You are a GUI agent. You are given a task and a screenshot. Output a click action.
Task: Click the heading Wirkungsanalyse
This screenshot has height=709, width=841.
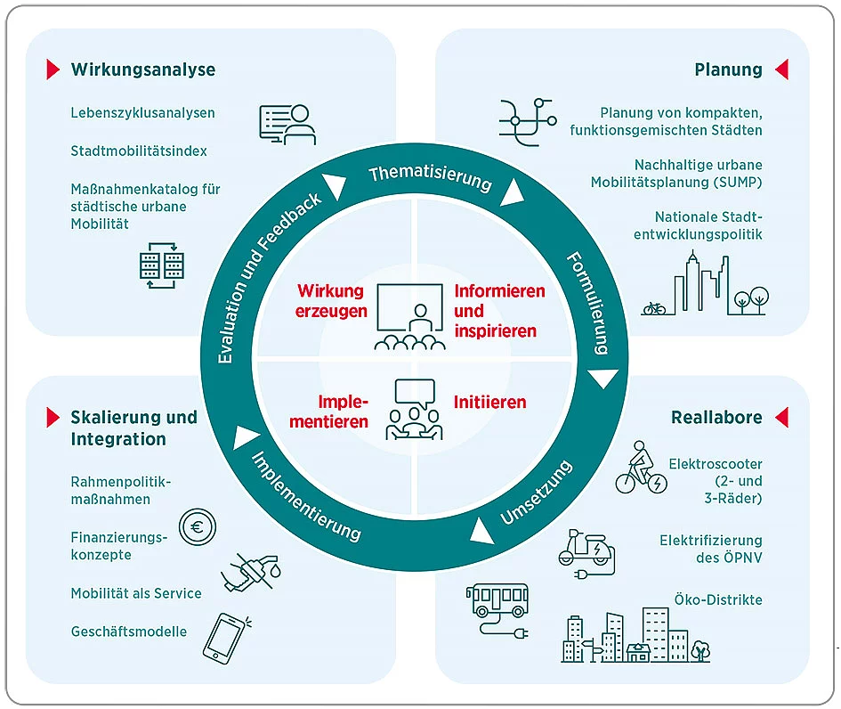click(x=142, y=69)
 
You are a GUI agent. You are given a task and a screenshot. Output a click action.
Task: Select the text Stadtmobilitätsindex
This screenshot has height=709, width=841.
click(x=139, y=151)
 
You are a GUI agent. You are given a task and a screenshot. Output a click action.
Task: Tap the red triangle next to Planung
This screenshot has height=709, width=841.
click(x=781, y=69)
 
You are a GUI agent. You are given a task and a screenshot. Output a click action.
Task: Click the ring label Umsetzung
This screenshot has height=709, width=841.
click(x=535, y=493)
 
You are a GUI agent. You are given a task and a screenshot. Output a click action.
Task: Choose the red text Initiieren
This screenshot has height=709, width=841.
click(x=490, y=403)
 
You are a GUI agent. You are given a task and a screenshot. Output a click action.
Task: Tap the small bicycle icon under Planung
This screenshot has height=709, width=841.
click(x=654, y=308)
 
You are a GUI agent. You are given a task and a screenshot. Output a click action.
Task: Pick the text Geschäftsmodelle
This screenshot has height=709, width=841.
click(x=129, y=632)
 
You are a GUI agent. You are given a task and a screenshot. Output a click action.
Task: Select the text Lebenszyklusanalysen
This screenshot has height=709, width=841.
click(x=142, y=113)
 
